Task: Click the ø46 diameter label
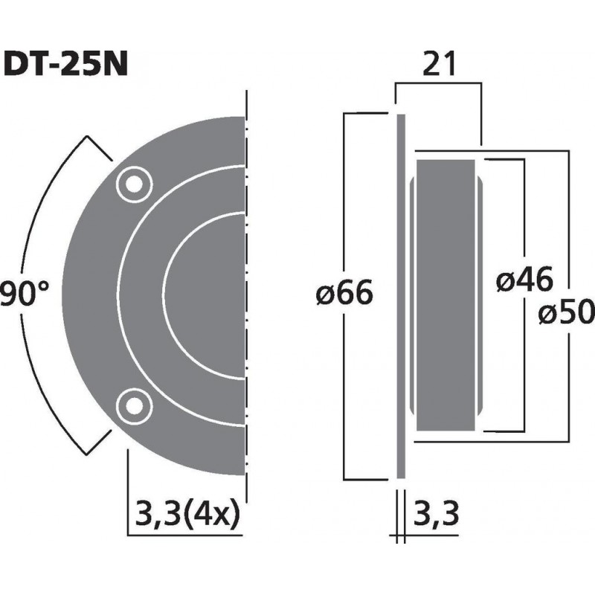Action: point(524,280)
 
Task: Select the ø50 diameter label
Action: point(567,314)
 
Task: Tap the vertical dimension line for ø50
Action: point(568,223)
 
